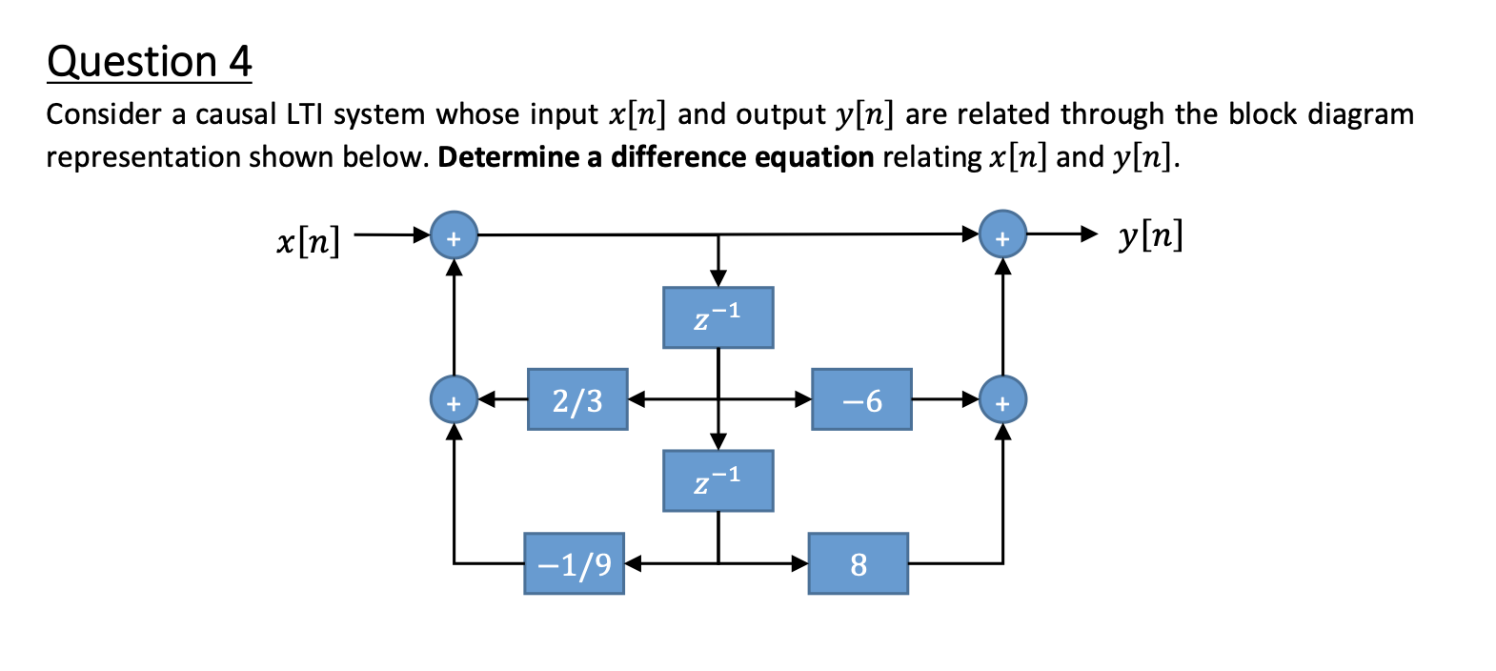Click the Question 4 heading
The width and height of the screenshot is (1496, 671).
coord(149,62)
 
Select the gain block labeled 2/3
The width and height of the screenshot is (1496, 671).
coord(577,399)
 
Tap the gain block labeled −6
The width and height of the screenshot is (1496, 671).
coord(861,399)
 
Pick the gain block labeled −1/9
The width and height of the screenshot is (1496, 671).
coord(574,564)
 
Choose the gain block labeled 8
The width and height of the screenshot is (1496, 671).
coord(859,564)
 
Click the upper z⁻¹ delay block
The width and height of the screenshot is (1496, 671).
coord(718,317)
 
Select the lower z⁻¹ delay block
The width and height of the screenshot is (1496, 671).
coord(718,481)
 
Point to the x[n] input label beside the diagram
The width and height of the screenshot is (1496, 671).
coord(308,241)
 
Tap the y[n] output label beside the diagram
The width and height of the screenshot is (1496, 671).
coord(1150,234)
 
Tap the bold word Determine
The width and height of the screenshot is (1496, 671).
coord(508,157)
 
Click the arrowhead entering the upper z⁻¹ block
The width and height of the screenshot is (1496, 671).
coord(718,278)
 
